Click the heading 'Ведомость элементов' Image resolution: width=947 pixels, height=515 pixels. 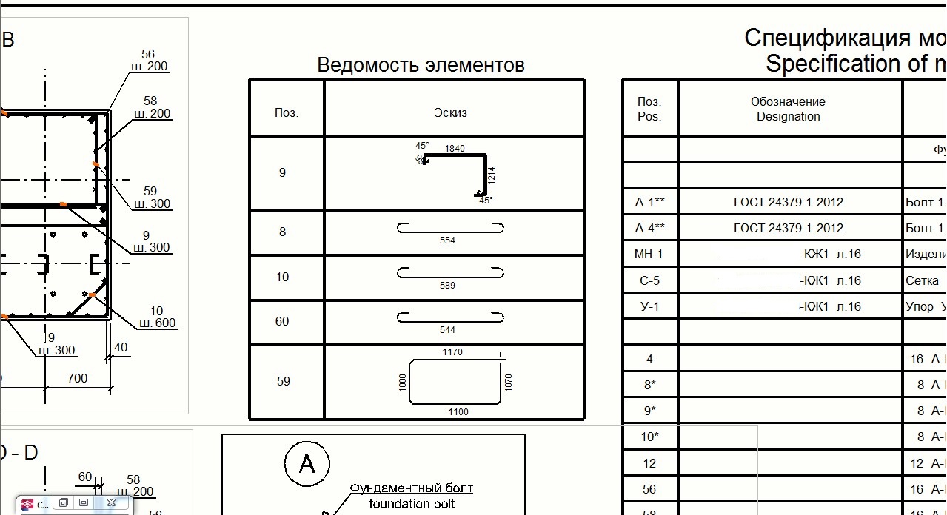click(x=421, y=65)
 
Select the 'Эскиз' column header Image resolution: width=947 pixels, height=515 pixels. click(x=450, y=113)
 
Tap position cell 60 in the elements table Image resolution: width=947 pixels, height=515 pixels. click(x=282, y=322)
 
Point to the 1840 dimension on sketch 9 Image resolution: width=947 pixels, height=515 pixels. click(x=455, y=149)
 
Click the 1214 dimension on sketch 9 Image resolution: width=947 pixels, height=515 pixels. click(x=492, y=175)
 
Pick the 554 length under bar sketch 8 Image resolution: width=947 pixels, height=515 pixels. click(x=447, y=240)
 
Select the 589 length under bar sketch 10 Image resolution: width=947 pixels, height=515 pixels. click(x=447, y=286)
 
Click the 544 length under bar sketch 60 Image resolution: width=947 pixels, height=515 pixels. click(x=447, y=330)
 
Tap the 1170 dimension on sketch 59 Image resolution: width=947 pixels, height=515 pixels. click(x=452, y=352)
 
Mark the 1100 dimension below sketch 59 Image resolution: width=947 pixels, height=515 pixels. click(x=458, y=412)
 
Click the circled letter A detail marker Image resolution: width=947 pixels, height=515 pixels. click(x=307, y=464)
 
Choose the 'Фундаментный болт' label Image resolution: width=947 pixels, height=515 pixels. click(x=411, y=488)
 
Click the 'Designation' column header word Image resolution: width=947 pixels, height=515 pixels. click(x=788, y=117)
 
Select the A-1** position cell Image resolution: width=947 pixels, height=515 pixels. click(x=650, y=202)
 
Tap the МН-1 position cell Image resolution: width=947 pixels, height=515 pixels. click(x=649, y=255)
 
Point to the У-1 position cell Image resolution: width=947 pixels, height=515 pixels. click(x=649, y=306)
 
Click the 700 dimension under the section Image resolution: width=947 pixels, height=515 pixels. click(x=77, y=378)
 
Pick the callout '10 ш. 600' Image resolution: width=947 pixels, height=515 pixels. click(x=157, y=317)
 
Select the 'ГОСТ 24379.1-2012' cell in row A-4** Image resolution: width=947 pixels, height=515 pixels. click(x=788, y=228)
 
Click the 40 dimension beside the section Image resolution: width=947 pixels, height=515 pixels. click(x=121, y=347)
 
